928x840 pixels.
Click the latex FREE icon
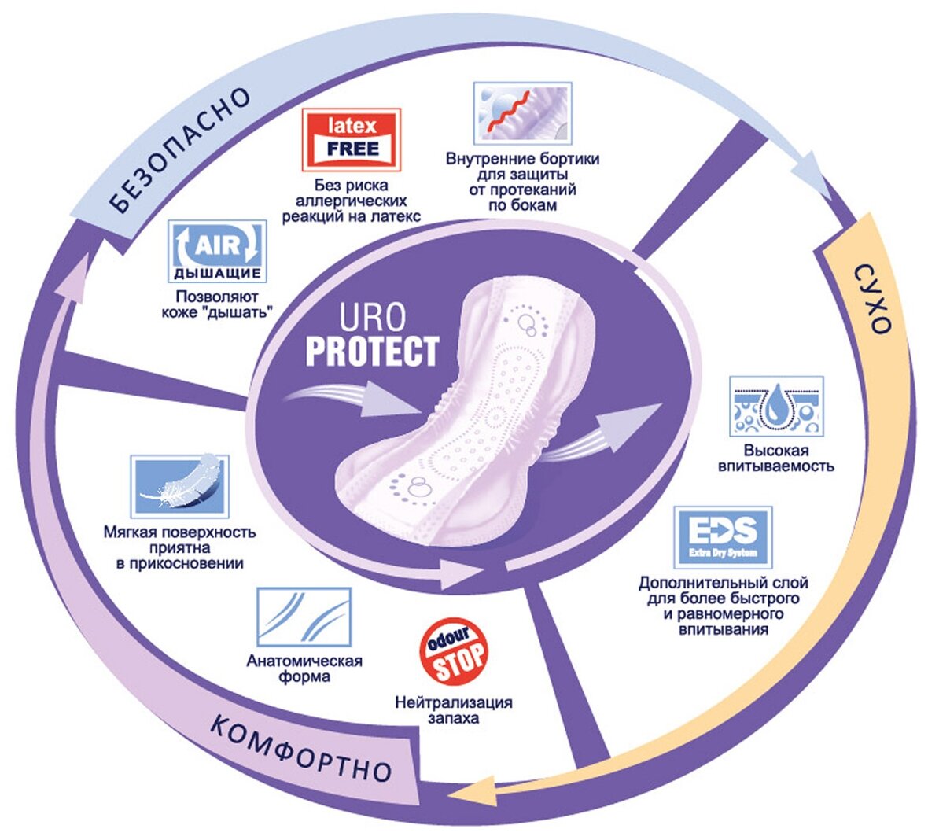(x=352, y=139)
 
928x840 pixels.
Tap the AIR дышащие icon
(x=217, y=252)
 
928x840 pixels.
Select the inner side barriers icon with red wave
(x=522, y=113)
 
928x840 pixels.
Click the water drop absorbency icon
(x=775, y=406)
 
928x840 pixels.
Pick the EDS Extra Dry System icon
(x=723, y=537)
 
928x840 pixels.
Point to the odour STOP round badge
(x=451, y=652)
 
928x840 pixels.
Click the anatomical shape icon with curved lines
(x=304, y=617)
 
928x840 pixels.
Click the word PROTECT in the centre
(x=371, y=352)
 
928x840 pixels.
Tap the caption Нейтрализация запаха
(x=453, y=710)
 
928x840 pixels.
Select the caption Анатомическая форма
(x=304, y=669)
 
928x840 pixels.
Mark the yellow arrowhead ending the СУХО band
(x=482, y=791)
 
